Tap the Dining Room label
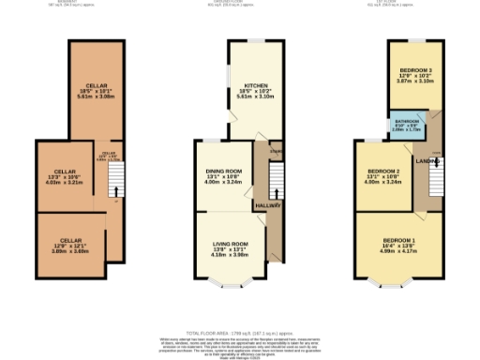point(217,171)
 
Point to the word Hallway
point(270,203)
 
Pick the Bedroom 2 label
point(382,171)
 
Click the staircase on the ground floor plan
point(277,178)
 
